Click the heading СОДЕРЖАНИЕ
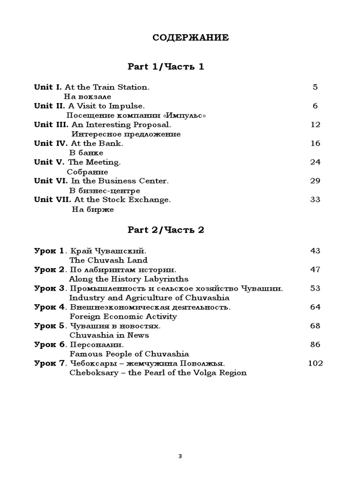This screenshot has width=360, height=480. click(190, 38)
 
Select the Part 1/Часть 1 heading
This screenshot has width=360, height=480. click(166, 67)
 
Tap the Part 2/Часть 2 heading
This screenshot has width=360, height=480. click(166, 230)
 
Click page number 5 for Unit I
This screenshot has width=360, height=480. click(315, 87)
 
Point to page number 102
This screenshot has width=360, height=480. click(315, 363)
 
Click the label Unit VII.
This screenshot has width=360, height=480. click(53, 200)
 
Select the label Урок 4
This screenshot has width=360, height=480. click(50, 307)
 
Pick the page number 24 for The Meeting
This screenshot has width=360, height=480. click(315, 162)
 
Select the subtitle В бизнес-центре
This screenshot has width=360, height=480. click(105, 191)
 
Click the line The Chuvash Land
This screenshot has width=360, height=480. click(108, 260)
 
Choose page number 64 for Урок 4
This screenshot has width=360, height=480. click(315, 307)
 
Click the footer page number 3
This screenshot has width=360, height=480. click(180, 457)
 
